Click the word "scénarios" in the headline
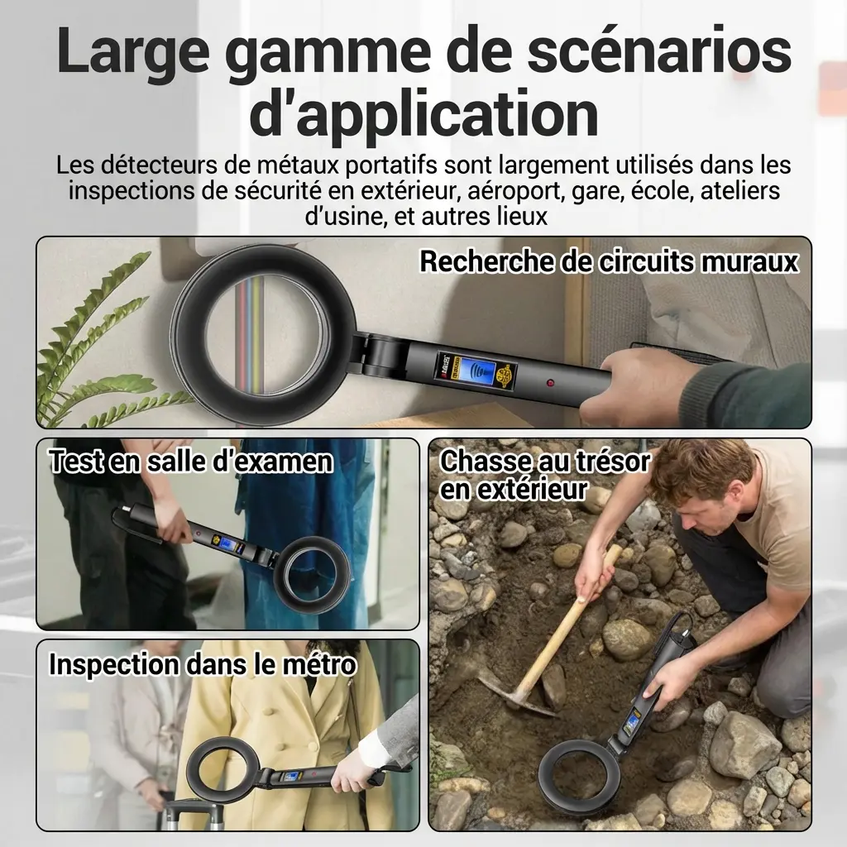tap(659, 50)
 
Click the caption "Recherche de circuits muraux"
tap(609, 262)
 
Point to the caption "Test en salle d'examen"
tap(191, 462)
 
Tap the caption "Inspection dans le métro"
tap(203, 664)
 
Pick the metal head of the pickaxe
tap(513, 696)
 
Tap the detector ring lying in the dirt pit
tap(578, 777)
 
